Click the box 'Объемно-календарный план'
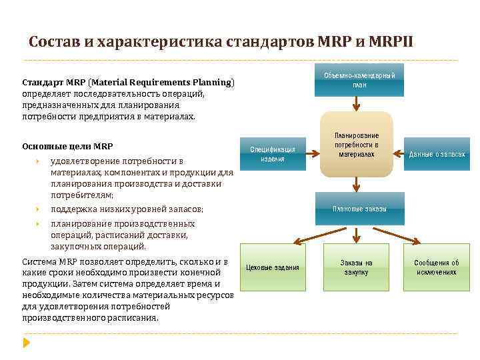point(359,80)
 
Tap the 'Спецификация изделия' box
point(273,154)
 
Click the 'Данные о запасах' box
point(437,154)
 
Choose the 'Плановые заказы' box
point(359,209)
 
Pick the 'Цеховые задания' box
point(273,267)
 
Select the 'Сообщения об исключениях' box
point(437,267)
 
